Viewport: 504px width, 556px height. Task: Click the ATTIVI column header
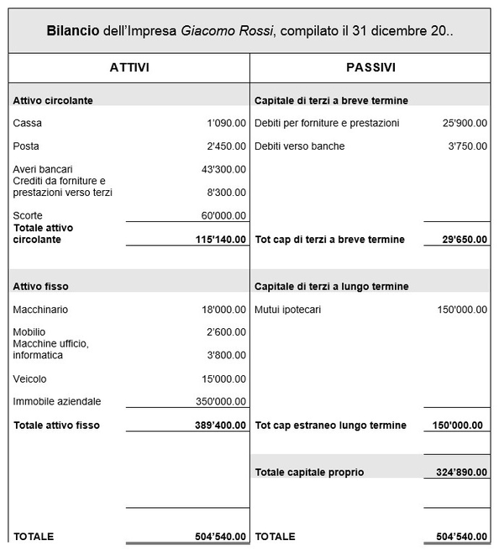129,67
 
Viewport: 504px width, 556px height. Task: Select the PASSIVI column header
370,67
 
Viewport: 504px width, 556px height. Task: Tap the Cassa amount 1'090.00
226,123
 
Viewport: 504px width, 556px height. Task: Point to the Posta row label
26,146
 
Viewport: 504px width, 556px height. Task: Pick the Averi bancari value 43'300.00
223,169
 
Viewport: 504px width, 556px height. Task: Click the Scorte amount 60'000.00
223,215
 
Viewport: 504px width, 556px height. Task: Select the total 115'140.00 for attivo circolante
220,240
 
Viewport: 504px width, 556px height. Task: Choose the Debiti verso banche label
299,146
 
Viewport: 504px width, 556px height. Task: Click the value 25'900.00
465,123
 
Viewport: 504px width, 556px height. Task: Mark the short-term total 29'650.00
465,240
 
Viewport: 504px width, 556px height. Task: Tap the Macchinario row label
40,310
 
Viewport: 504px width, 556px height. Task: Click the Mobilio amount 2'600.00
226,332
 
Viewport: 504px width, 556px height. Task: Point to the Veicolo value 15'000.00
223,379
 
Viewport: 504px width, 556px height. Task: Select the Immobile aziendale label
56,401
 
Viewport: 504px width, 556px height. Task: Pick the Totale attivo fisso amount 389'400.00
220,426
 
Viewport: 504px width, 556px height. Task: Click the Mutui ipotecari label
287,310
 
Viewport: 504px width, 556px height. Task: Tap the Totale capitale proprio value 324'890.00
461,473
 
